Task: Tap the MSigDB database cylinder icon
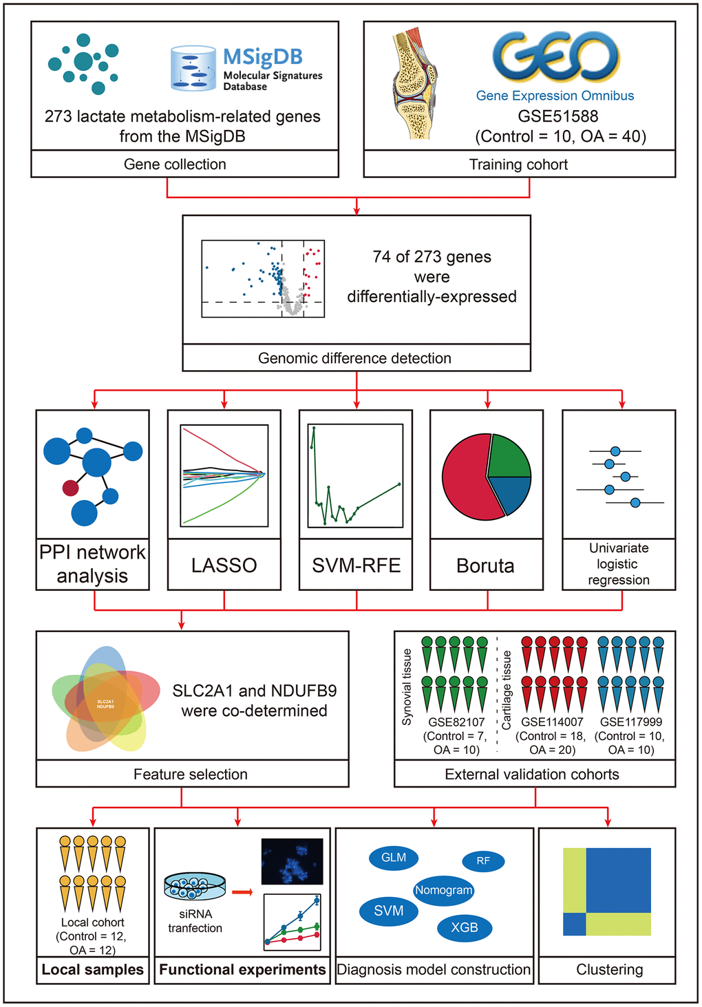(193, 68)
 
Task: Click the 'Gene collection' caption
(175, 164)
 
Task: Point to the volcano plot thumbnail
(263, 279)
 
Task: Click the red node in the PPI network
(70, 488)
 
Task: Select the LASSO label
(224, 565)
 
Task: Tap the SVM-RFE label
(357, 565)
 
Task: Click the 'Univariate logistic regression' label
(619, 564)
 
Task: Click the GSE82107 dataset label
(456, 722)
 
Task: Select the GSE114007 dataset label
(552, 722)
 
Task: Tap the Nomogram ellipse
(443, 890)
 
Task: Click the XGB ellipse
(465, 927)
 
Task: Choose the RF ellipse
(483, 861)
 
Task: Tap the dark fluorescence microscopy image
(292, 861)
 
